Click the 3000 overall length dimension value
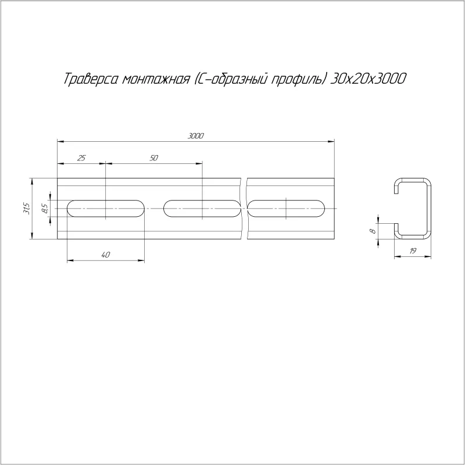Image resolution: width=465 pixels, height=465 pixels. (x=196, y=136)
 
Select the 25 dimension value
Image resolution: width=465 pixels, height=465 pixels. (x=81, y=158)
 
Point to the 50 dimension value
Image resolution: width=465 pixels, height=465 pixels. (x=153, y=158)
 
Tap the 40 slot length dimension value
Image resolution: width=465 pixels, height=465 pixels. (x=106, y=255)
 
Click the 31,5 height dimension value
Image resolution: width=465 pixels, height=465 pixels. (x=27, y=209)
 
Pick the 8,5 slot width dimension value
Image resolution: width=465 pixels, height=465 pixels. (x=45, y=209)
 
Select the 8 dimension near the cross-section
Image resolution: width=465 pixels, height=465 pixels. (x=373, y=231)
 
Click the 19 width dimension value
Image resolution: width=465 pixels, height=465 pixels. (x=413, y=251)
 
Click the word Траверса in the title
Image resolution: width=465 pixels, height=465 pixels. (x=91, y=79)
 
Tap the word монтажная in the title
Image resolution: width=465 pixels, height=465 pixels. (x=156, y=80)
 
